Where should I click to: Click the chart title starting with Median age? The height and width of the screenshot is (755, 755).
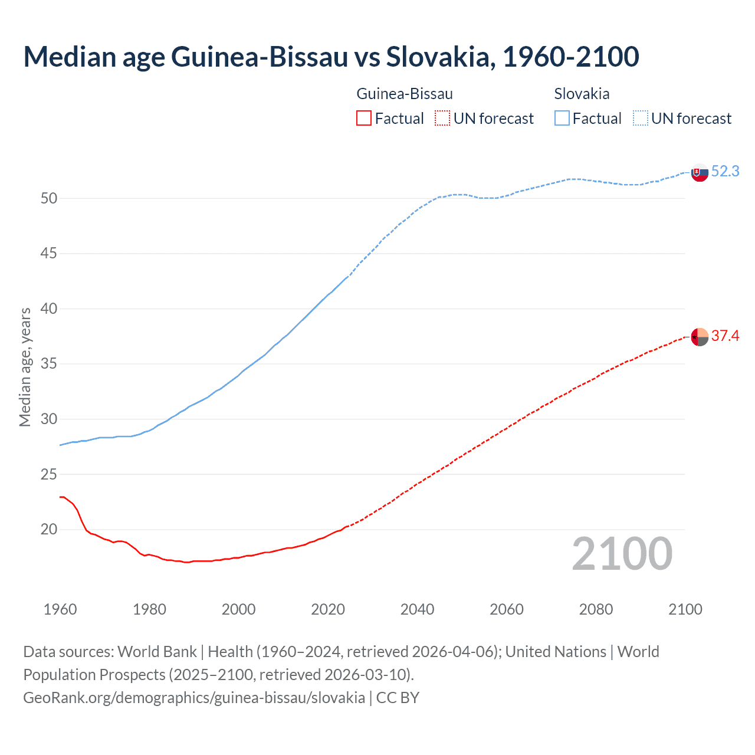coord(331,57)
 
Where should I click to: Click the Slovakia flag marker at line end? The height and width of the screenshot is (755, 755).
coord(700,173)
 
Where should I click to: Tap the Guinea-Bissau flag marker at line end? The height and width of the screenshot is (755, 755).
coord(700,337)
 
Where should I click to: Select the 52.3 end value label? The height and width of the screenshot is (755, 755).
coord(725,172)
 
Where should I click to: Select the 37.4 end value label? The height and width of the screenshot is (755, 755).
coord(725,336)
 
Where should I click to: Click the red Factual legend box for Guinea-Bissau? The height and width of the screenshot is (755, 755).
coord(364,119)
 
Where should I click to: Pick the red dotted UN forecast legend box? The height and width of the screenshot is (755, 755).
coord(442,119)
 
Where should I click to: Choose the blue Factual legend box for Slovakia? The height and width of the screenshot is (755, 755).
coord(562,119)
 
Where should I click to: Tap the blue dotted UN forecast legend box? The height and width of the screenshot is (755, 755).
coord(640,119)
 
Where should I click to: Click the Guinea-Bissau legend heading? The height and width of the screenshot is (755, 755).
coord(405,94)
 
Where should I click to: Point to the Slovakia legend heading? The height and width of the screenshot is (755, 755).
coord(582,94)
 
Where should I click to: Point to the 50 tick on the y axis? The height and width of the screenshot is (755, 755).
coord(49,199)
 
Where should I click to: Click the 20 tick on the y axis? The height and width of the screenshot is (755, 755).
coord(49,530)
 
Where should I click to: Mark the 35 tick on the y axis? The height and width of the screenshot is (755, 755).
coord(49,364)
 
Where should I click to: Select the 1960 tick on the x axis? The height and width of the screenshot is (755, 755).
coord(60,609)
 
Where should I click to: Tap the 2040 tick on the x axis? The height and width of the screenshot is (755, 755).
coord(417,609)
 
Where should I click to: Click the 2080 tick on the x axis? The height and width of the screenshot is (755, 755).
coord(596,609)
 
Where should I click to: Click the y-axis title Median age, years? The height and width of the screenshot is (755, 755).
coord(25,367)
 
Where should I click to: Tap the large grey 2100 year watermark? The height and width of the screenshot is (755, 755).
coord(622,554)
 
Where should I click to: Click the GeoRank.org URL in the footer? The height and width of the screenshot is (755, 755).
coord(194,698)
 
